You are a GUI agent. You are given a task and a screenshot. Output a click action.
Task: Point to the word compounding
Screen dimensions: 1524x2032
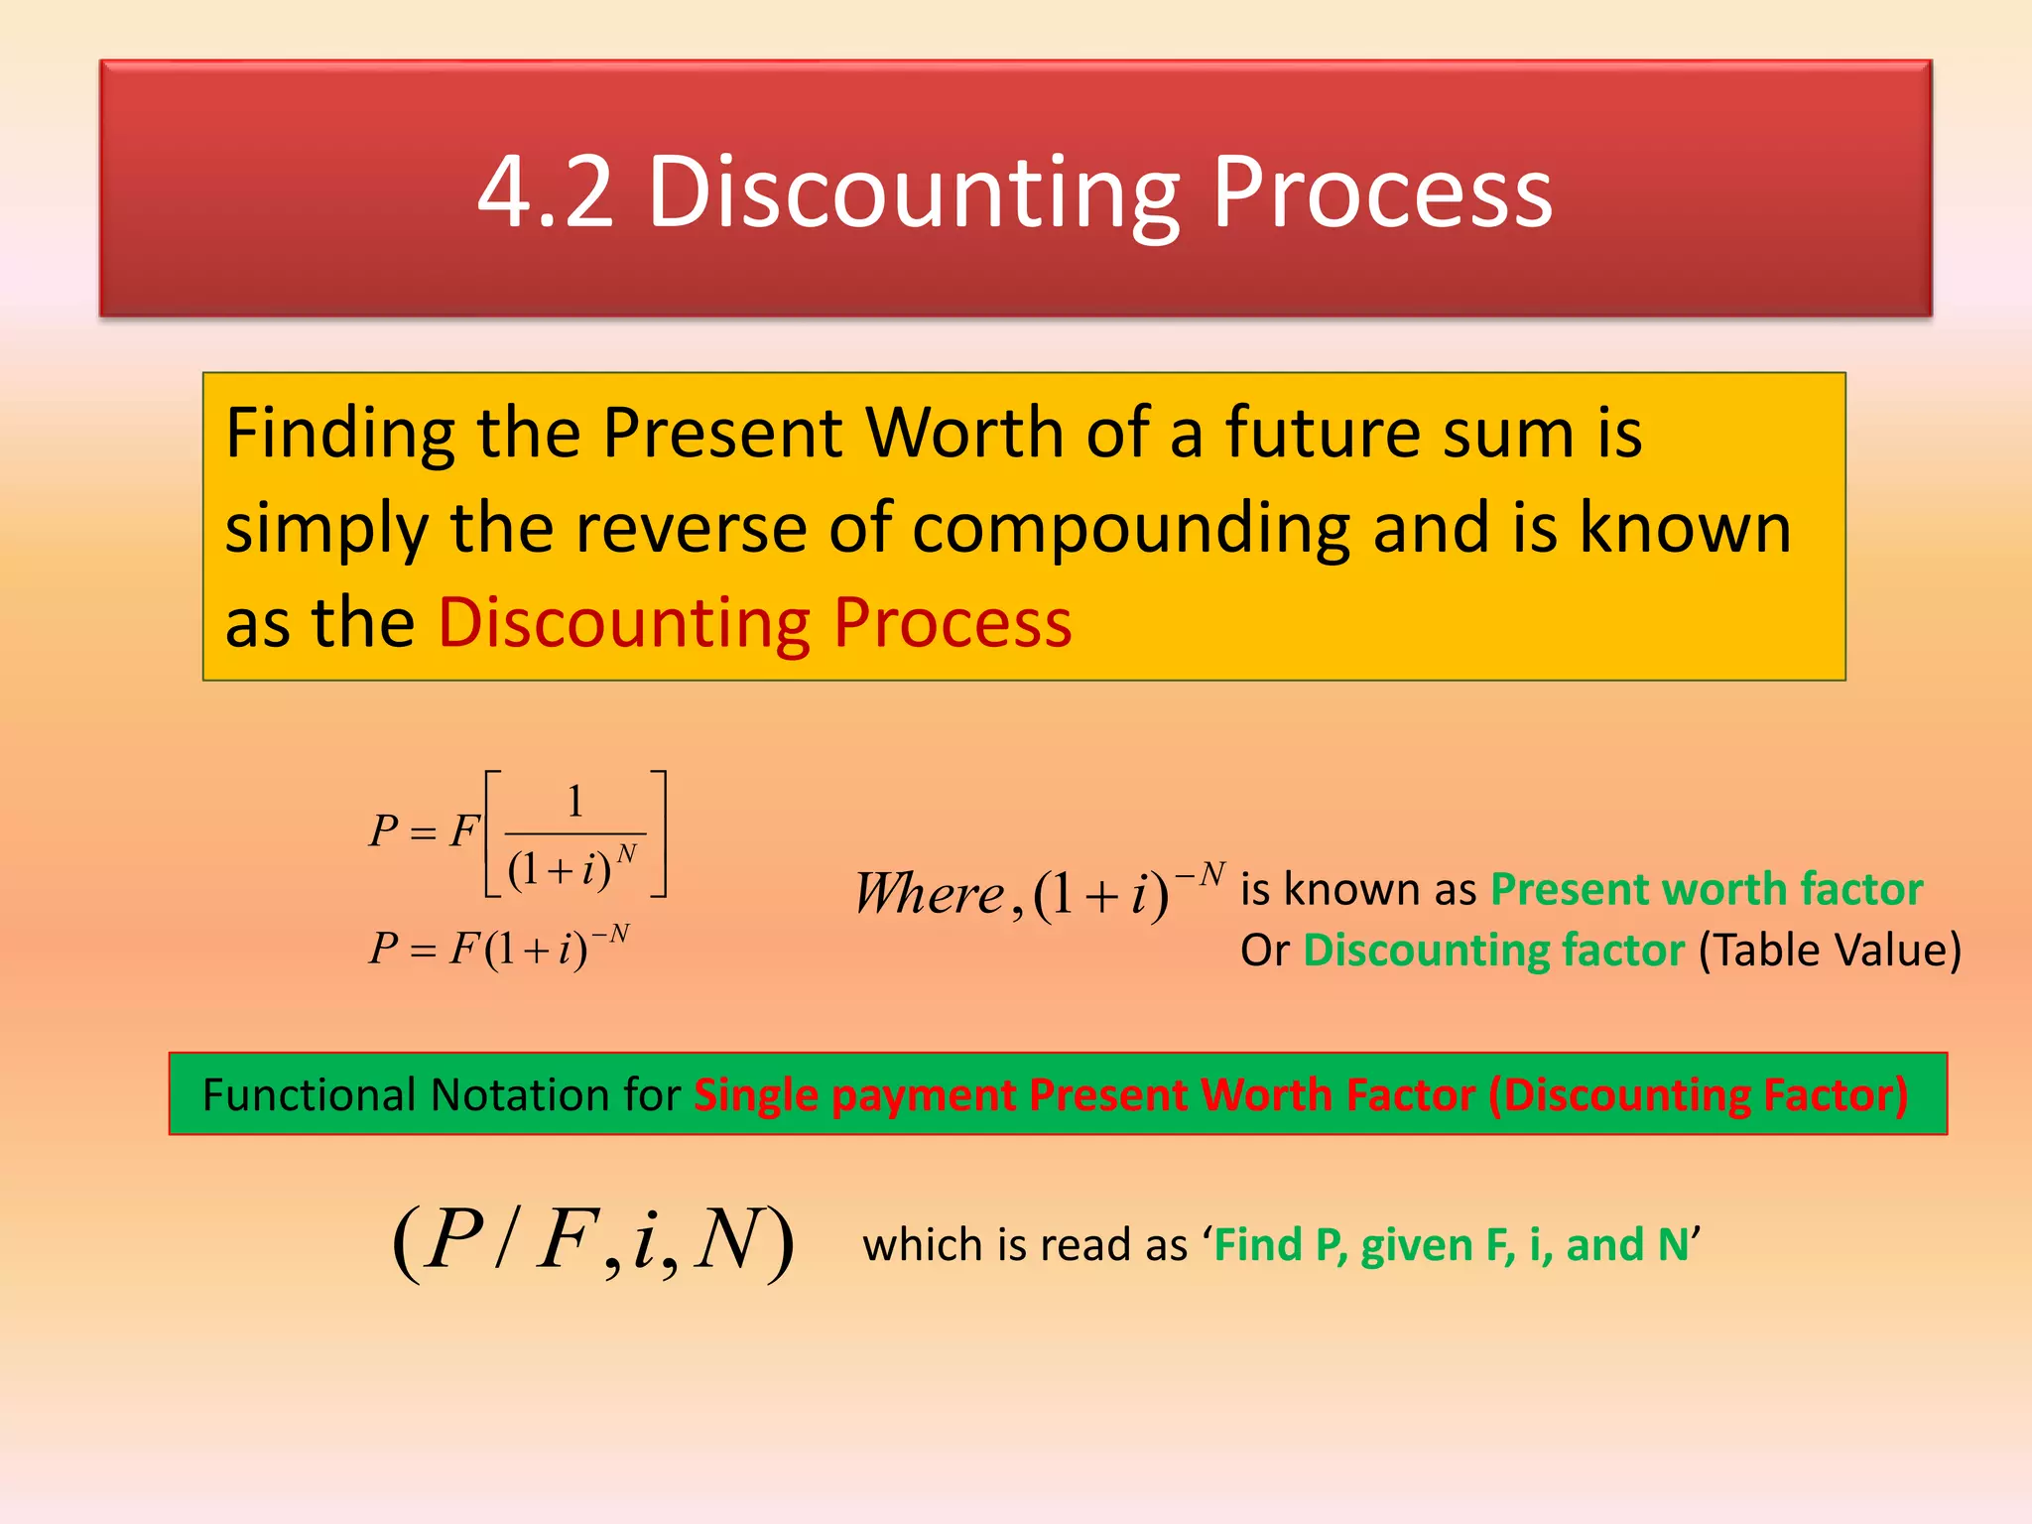point(1131,528)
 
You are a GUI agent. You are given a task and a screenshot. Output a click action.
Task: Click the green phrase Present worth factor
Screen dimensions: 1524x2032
point(1707,889)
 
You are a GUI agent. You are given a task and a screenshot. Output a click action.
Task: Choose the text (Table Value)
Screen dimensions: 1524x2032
point(1830,950)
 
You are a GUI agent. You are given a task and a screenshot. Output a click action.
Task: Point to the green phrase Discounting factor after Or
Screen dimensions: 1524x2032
point(1493,950)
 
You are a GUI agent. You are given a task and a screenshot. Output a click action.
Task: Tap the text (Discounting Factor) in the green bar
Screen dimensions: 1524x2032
point(1698,1094)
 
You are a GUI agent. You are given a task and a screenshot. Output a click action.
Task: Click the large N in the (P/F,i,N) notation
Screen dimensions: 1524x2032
point(728,1239)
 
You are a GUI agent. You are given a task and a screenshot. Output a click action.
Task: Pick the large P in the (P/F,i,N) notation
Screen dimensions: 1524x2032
point(452,1239)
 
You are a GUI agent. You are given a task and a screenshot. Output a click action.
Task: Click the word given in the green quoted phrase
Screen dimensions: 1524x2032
point(1416,1245)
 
